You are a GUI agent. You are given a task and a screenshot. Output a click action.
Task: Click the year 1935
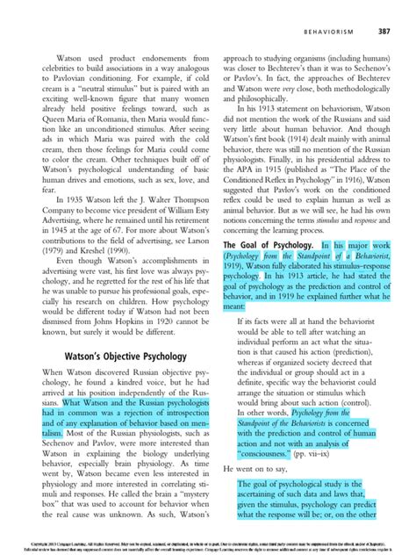(69, 199)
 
